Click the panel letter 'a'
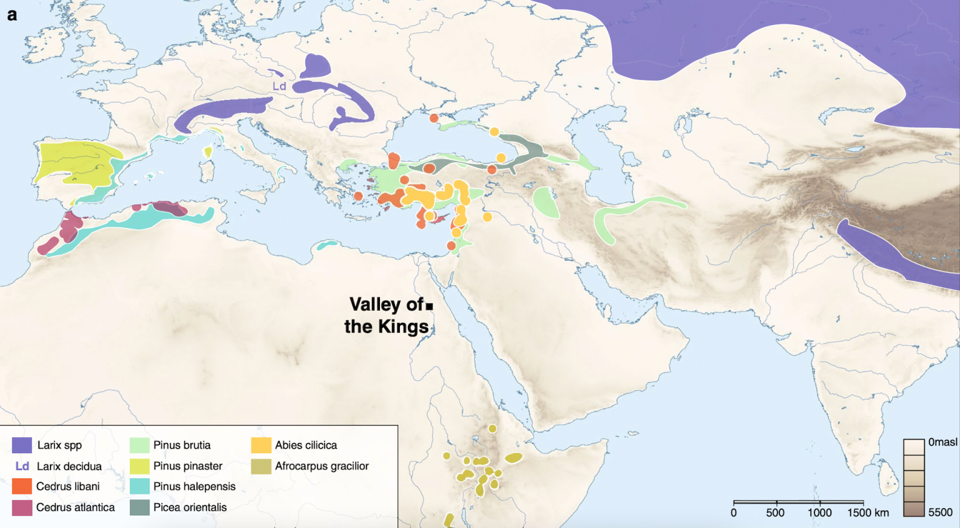coord(12,15)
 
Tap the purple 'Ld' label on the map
coord(279,86)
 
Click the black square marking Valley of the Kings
coord(429,306)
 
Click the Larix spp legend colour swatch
coord(22,445)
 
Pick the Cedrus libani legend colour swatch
coord(22,486)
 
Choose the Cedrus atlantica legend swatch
coord(22,507)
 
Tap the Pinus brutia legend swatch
coord(139,445)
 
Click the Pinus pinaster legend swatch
coord(139,466)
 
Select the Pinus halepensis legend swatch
coord(139,486)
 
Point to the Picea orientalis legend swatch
coord(139,507)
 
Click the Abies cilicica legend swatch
coord(261,445)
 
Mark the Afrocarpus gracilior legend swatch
coord(261,466)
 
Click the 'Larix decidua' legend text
coord(69,466)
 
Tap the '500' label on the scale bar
coord(775,513)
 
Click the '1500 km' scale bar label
coord(868,513)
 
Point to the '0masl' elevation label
coord(942,442)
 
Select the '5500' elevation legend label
coord(940,512)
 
